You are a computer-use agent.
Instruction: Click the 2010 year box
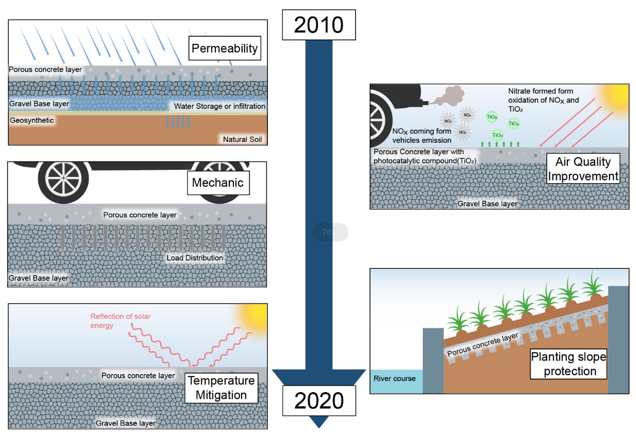pyautogui.click(x=319, y=25)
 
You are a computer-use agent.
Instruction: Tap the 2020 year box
pyautogui.click(x=319, y=400)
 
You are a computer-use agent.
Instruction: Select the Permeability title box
pyautogui.click(x=224, y=49)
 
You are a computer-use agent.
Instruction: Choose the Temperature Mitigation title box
pyautogui.click(x=221, y=388)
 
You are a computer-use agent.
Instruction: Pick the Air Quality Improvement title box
pyautogui.click(x=583, y=169)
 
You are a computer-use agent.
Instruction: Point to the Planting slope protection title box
pyautogui.click(x=568, y=363)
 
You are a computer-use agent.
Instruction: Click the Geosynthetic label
pyautogui.click(x=31, y=120)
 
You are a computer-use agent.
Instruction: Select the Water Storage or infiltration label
pyautogui.click(x=219, y=106)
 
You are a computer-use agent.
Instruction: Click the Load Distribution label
pyautogui.click(x=195, y=257)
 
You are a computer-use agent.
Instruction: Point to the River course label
pyautogui.click(x=394, y=378)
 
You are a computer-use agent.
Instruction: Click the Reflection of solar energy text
pyautogui.click(x=120, y=320)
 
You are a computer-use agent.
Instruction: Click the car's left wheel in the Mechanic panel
pyautogui.click(x=63, y=179)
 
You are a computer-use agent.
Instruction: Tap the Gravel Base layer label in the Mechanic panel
pyautogui.click(x=38, y=278)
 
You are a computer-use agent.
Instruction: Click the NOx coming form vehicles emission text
pyautogui.click(x=422, y=135)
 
